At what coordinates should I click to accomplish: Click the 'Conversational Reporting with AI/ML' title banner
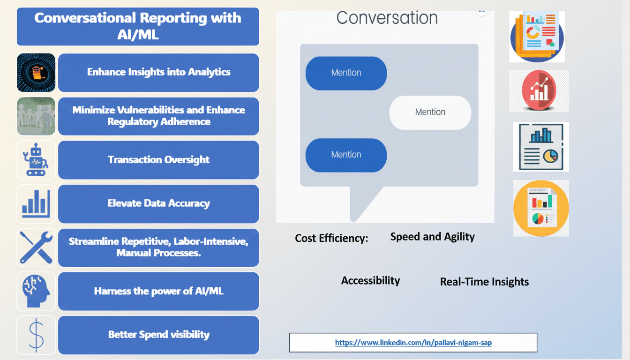[x=138, y=26]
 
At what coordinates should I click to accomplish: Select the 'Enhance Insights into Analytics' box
[x=158, y=72]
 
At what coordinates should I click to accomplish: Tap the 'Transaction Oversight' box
[x=158, y=160]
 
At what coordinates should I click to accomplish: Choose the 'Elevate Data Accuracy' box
[x=158, y=203]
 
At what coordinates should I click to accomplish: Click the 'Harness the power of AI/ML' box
[x=158, y=291]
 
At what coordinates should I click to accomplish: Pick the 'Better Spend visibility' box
[x=158, y=335]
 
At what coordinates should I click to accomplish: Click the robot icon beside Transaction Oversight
[x=36, y=160]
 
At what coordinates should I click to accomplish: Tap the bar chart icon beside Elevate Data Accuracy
[x=36, y=203]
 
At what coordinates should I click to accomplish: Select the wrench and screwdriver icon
[x=36, y=247]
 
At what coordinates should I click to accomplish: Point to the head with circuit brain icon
[x=36, y=291]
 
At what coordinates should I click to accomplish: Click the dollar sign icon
[x=36, y=335]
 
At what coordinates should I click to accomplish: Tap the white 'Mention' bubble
[x=430, y=112]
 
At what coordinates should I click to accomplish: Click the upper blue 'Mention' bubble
[x=346, y=73]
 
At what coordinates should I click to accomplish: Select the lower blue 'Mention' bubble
[x=346, y=155]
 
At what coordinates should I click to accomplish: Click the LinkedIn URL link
[x=413, y=343]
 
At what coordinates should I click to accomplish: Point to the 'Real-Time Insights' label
[x=484, y=282]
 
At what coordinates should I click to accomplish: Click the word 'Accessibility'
[x=370, y=281]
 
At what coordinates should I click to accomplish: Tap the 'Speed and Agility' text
[x=432, y=237]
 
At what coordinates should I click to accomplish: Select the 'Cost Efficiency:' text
[x=331, y=238]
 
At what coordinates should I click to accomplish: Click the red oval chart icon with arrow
[x=539, y=91]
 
